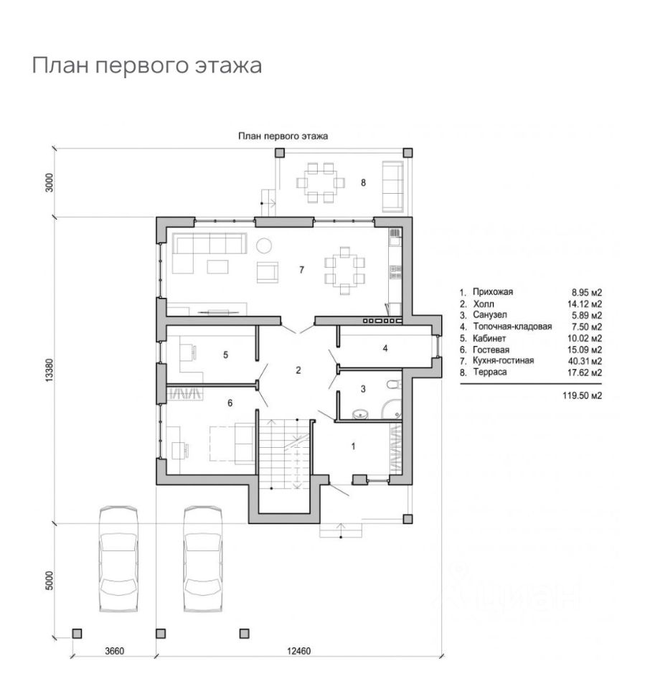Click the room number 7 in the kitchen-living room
pos(302,270)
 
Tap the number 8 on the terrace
pos(363,182)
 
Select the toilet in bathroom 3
pos(395,385)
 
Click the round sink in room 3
pos(361,414)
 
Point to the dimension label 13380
pos(50,370)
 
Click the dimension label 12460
pos(298,651)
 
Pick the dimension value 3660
pos(114,651)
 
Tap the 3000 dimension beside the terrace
pos(50,182)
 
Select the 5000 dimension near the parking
pos(50,581)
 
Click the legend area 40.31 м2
pos(585,361)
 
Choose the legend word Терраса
pos(490,372)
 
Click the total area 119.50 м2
pos(583,395)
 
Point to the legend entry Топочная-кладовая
pos(512,327)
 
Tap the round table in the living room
pos(264,245)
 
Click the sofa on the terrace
pos(392,187)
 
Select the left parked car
pos(118,558)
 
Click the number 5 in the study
pos(226,355)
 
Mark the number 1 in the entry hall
pos(354,446)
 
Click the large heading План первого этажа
pos(147,66)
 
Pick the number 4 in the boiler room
pos(385,349)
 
